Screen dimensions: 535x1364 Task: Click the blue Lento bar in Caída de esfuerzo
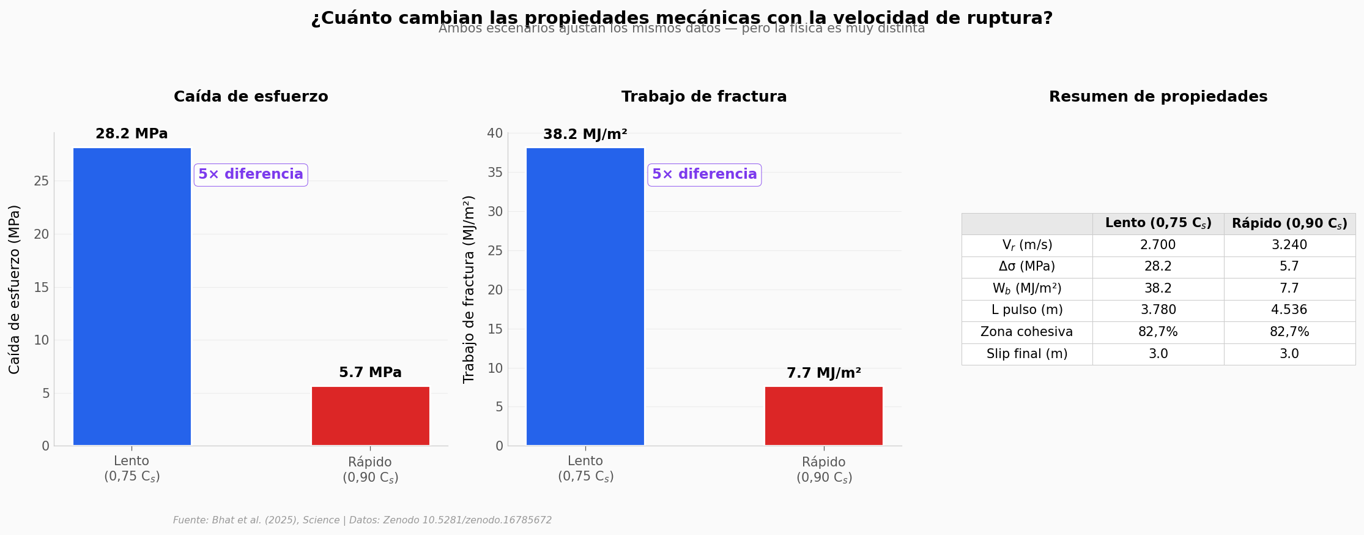pos(132,296)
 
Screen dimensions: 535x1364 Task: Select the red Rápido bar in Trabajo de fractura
pos(823,416)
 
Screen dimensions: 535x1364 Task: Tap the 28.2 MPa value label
pos(132,134)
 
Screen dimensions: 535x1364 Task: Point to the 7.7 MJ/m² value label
pos(823,373)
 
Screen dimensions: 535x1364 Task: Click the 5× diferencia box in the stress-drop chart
pos(251,174)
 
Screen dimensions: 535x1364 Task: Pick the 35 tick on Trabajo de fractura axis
pos(495,173)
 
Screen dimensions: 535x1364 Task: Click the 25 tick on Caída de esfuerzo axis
pos(42,181)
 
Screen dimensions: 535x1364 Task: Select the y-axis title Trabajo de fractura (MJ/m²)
pos(469,289)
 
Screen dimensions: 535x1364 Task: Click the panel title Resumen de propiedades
pos(1158,97)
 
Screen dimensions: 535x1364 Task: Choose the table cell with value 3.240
pos(1289,245)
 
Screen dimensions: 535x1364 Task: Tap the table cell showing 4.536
pos(1289,310)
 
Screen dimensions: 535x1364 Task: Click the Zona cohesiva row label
pos(1026,332)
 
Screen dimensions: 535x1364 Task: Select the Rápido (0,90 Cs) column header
pos(1289,223)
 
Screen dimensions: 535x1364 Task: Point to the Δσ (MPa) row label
pos(1026,267)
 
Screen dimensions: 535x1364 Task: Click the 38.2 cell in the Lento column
pos(1158,288)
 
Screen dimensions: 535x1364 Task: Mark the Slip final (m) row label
pos(1026,354)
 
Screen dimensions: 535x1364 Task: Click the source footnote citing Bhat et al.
pos(362,520)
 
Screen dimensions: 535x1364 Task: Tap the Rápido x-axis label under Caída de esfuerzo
pos(370,470)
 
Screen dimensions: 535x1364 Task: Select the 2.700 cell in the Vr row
pos(1158,245)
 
